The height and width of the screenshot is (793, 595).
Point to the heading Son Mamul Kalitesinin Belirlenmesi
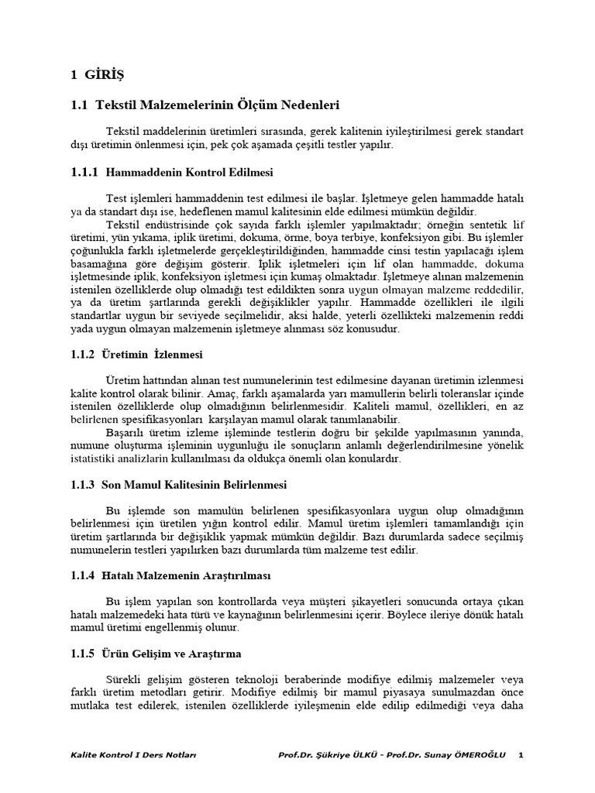[x=194, y=485]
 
